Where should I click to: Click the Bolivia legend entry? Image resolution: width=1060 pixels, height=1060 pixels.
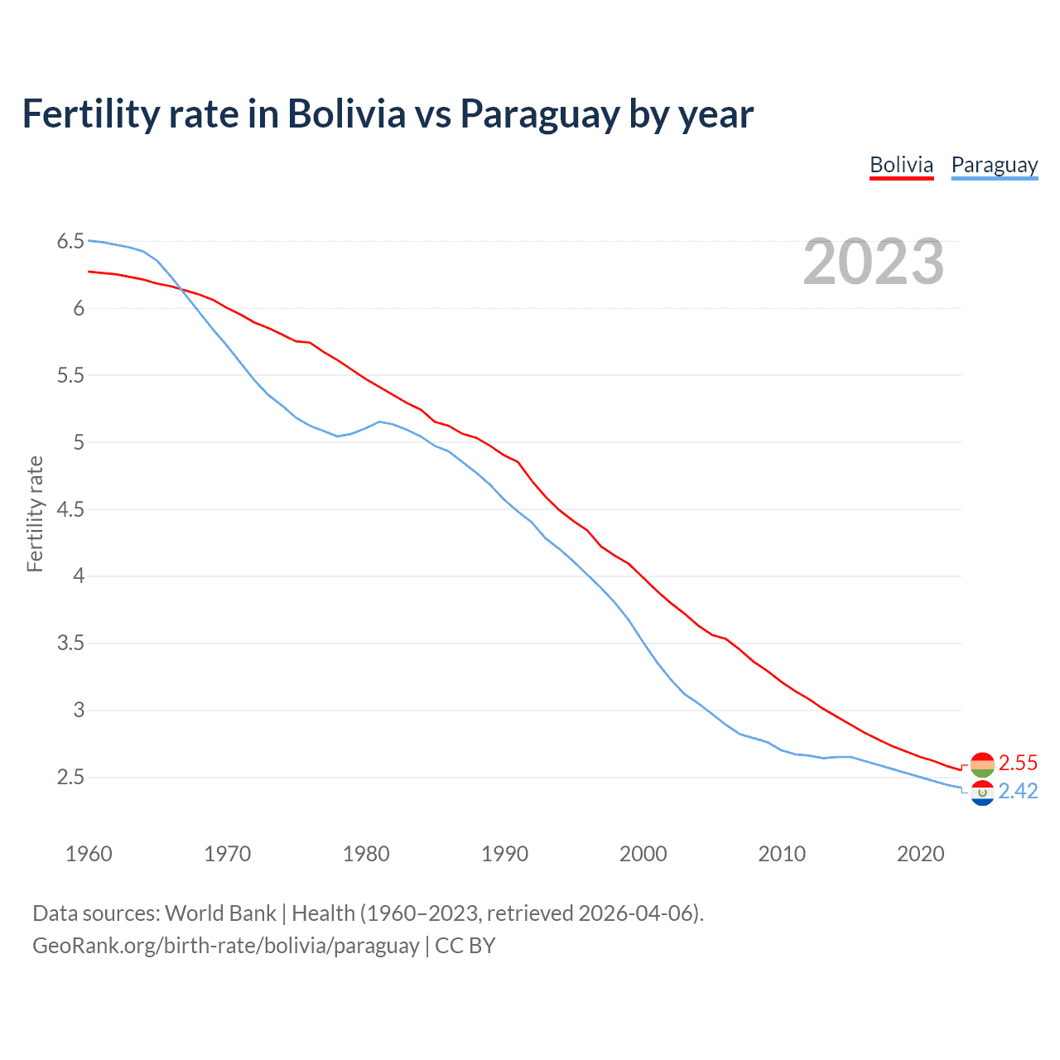point(901,165)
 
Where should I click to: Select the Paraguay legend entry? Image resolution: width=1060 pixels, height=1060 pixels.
point(994,165)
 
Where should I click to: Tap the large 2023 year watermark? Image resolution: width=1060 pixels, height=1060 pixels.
point(873,262)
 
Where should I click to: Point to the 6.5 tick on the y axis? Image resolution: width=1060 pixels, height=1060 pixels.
point(70,242)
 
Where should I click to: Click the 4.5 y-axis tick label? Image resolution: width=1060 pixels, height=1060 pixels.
point(70,509)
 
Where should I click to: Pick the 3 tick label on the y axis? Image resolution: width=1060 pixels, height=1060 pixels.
point(79,710)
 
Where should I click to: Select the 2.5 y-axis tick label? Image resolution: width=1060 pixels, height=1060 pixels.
point(70,777)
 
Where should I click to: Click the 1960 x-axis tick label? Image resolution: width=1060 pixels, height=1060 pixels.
point(89,854)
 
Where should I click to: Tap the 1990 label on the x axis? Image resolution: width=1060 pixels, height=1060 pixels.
point(504,854)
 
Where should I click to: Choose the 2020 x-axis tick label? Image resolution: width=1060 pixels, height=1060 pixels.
point(920,854)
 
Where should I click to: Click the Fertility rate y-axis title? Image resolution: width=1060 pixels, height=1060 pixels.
point(35,513)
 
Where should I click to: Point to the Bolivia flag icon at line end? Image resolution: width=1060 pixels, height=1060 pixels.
point(982,764)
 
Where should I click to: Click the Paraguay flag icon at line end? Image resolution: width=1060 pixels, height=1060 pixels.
point(982,793)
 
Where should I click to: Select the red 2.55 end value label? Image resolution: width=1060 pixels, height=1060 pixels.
point(1018,763)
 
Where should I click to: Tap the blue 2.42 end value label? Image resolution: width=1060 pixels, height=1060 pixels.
point(1018,792)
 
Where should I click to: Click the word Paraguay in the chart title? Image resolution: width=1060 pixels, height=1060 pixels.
point(539,114)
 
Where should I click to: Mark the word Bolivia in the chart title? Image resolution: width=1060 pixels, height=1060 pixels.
point(346,114)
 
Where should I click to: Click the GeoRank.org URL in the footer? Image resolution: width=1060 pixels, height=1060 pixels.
point(225,946)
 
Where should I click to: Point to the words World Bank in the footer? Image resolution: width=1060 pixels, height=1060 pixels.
point(220,913)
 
